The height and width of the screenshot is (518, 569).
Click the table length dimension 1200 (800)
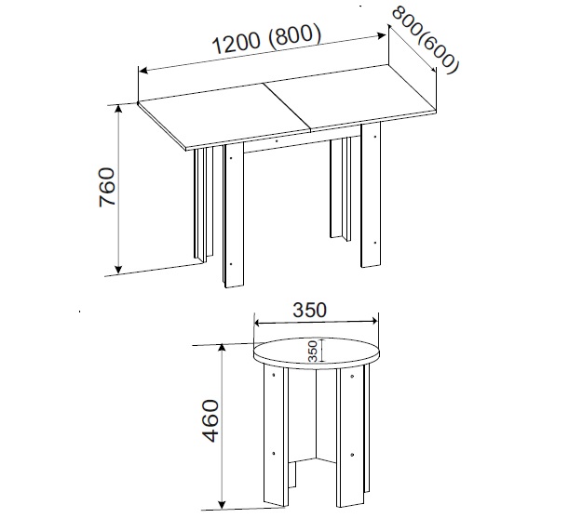pyautogui.click(x=266, y=39)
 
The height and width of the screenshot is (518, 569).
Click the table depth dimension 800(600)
pyautogui.click(x=426, y=40)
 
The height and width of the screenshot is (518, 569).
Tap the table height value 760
pyautogui.click(x=107, y=187)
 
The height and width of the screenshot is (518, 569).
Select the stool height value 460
pyautogui.click(x=211, y=421)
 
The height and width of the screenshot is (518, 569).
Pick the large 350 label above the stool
pyautogui.click(x=309, y=310)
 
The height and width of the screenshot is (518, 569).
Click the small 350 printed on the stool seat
pyautogui.click(x=313, y=351)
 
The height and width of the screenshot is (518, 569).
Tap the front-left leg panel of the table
pyautogui.click(x=234, y=215)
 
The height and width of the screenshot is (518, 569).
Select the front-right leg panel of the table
pyautogui.click(x=371, y=195)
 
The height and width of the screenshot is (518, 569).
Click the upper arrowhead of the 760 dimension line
pyautogui.click(x=118, y=110)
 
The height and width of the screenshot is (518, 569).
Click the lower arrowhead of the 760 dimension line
pyautogui.click(x=118, y=269)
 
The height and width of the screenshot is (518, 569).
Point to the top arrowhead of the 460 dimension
pyautogui.click(x=222, y=349)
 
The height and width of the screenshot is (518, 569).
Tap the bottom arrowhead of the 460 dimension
pyautogui.click(x=222, y=504)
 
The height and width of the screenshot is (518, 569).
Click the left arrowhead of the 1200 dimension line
pyautogui.click(x=143, y=70)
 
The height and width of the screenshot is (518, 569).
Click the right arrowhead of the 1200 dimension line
pyautogui.click(x=381, y=35)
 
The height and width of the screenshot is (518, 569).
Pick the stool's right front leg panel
pyautogui.click(x=351, y=437)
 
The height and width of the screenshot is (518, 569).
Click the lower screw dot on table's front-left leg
pyautogui.click(x=232, y=264)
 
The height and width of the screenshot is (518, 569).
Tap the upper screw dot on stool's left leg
pyautogui.click(x=274, y=375)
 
